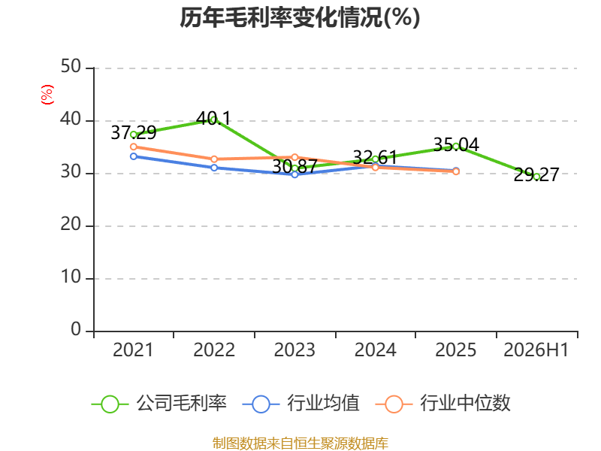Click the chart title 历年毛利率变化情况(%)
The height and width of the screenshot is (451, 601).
coord(300,17)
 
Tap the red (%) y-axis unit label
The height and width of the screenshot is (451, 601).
coord(47,95)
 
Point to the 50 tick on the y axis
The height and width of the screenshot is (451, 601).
coord(71,67)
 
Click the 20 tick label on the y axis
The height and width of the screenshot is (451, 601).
coord(71,224)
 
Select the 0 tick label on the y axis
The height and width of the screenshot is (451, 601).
coord(76,329)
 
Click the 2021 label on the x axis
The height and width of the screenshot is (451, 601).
coord(133,350)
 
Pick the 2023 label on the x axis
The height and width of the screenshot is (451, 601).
coord(294,350)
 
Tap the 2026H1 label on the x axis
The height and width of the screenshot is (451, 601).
coord(536,350)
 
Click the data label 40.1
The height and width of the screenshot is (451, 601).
coord(213,118)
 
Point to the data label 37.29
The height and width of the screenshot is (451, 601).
coord(134,133)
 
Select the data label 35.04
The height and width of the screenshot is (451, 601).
coord(456,144)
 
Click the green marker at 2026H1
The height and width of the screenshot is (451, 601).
coord(536,177)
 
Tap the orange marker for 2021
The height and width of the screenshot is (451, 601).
coord(134,147)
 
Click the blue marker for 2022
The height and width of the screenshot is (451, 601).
coord(214,168)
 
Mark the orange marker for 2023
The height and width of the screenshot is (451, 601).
coord(294,157)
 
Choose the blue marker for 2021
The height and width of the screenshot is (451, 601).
coord(134,156)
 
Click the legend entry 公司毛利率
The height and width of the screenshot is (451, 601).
coord(159,404)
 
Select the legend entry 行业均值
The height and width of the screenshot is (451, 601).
coord(301,404)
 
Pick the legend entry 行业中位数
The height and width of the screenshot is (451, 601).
coord(443,404)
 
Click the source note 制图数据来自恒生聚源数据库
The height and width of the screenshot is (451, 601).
coord(300,443)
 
